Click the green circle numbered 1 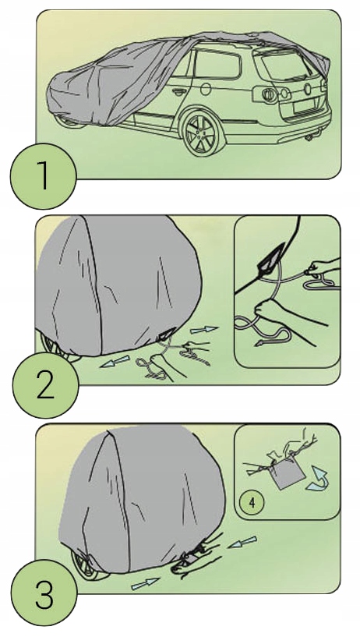click(x=43, y=176)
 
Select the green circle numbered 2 click(x=45, y=385)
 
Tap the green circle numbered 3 click(x=44, y=593)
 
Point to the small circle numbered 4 click(x=252, y=502)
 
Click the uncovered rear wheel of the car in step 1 click(x=203, y=133)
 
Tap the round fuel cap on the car click(x=206, y=89)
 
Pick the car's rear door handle click(x=178, y=92)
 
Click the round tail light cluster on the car click(x=268, y=94)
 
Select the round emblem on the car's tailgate click(x=308, y=88)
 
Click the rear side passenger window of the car click(x=217, y=64)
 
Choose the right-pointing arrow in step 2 click(x=203, y=330)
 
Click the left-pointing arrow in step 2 click(x=115, y=361)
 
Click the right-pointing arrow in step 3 click(x=145, y=584)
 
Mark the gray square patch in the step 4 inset click(x=288, y=476)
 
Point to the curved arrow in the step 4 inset click(x=319, y=480)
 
